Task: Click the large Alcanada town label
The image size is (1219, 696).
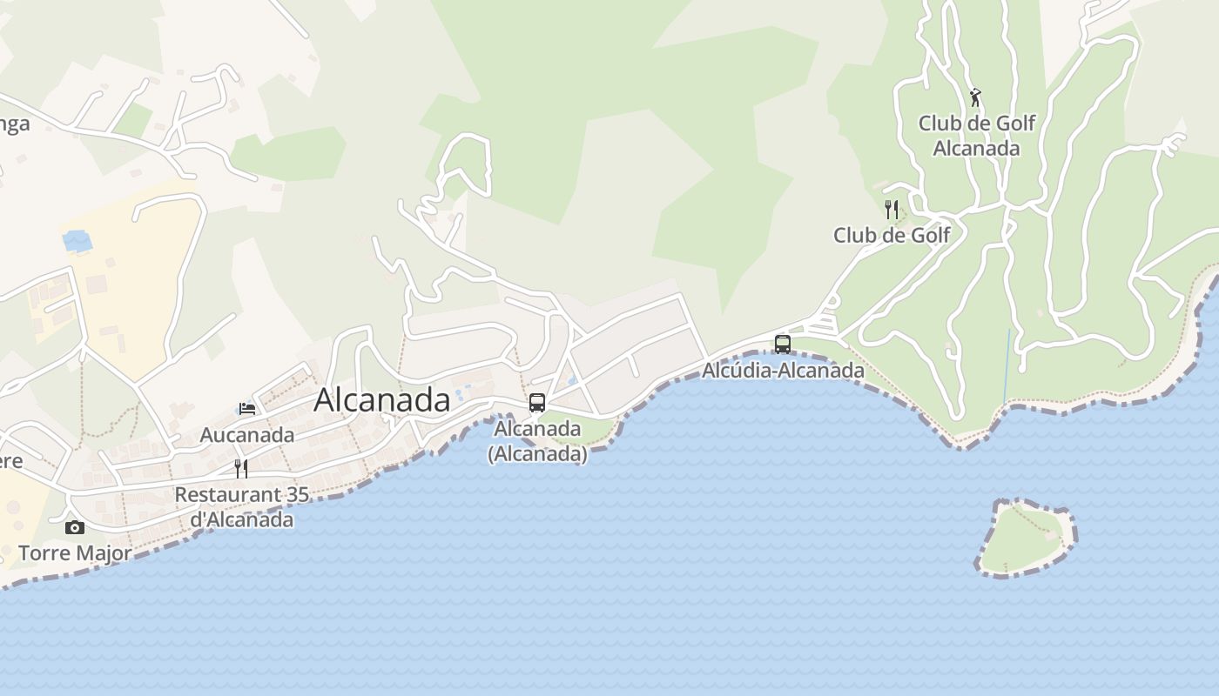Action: [381, 399]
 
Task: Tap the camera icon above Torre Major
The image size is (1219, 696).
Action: [75, 527]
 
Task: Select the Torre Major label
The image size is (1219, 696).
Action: [75, 552]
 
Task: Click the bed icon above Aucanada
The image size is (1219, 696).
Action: [247, 408]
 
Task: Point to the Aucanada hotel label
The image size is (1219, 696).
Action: [247, 434]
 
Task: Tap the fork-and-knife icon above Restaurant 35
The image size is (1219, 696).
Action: [241, 469]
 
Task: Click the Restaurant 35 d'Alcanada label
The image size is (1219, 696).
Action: [242, 507]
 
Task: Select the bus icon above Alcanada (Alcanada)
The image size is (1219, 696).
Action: [537, 403]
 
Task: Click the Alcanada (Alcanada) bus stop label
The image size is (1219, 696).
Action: [537, 441]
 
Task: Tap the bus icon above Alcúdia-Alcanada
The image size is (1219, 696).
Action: [783, 344]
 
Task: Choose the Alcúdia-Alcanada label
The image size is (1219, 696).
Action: [783, 371]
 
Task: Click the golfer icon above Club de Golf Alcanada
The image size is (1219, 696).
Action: [975, 97]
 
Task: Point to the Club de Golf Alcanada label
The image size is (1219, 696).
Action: [976, 136]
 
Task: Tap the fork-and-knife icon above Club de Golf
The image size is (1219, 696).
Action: [891, 210]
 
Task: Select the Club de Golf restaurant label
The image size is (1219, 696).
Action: [891, 235]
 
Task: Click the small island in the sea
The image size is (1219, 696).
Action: [1025, 537]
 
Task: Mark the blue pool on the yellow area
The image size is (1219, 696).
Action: [77, 240]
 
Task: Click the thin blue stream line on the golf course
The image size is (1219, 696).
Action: [1007, 365]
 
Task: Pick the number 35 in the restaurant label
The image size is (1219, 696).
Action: [297, 494]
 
